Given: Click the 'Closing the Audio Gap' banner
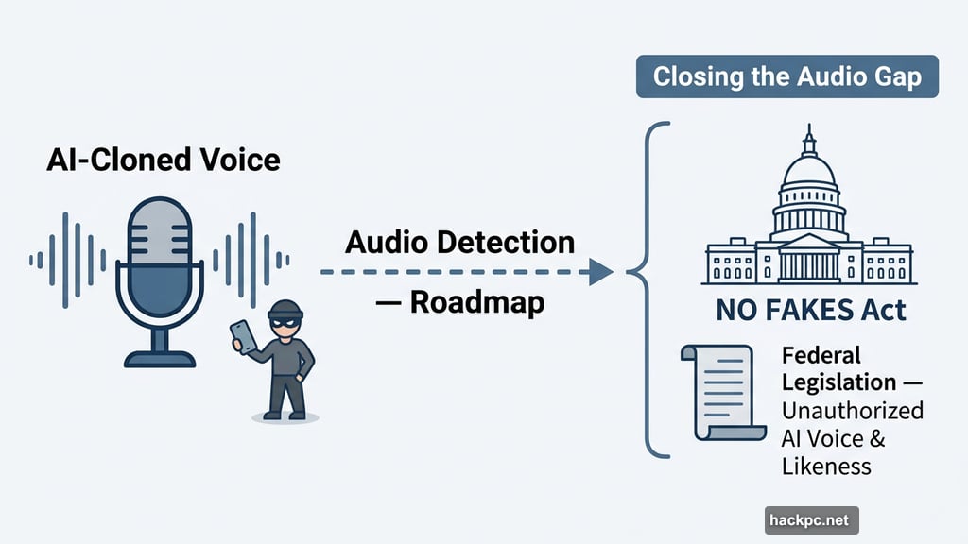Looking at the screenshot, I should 787,76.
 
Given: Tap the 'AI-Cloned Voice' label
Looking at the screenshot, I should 163,159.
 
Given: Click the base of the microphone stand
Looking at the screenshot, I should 159,358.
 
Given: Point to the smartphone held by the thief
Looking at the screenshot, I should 242,336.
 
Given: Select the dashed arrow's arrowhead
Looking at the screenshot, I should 600,272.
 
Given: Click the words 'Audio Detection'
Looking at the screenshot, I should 459,242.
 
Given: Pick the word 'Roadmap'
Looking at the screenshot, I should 475,304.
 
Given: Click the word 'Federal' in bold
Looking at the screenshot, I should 821,356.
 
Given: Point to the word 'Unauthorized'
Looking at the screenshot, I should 852,412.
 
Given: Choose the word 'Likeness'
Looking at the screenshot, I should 826,467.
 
